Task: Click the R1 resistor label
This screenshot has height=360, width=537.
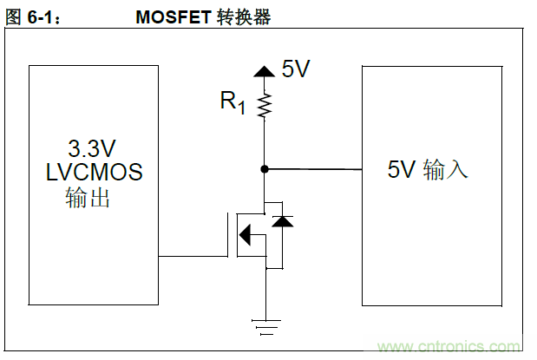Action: tap(232, 102)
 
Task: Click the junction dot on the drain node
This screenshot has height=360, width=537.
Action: tap(264, 168)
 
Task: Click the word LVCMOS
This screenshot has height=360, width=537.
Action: tap(94, 172)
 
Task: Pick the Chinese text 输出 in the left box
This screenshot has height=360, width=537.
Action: tap(88, 198)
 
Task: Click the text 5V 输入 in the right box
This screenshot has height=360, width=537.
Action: tap(428, 170)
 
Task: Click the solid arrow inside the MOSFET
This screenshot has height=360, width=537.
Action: tap(246, 234)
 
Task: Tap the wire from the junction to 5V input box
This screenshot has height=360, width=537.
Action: tap(312, 169)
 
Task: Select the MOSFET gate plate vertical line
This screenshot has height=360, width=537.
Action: tap(228, 234)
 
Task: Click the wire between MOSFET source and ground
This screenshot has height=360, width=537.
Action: tap(264, 295)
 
